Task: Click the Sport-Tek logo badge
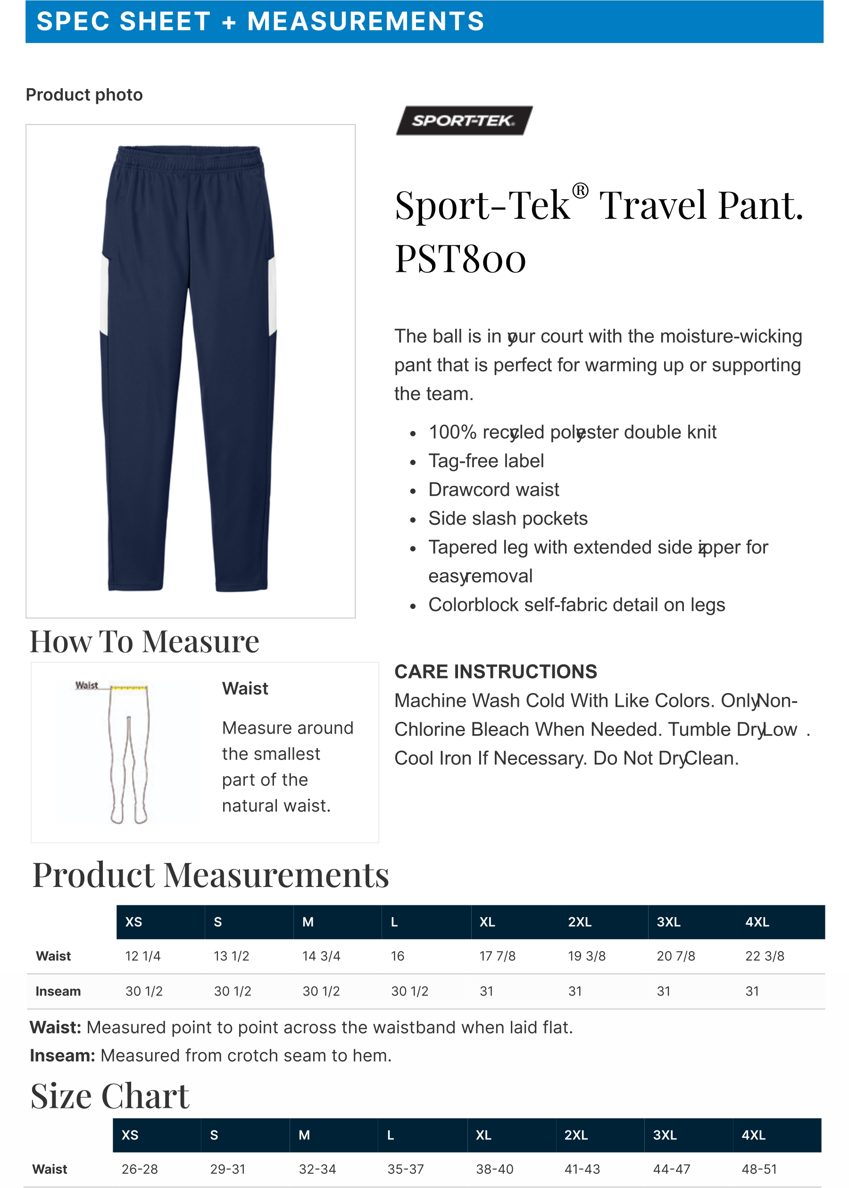[464, 121]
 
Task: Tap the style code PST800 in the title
[460, 259]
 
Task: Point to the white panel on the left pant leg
[105, 295]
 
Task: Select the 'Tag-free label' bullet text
[486, 460]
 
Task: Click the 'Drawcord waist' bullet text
[493, 489]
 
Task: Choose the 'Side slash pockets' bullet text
[508, 518]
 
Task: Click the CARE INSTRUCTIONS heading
[495, 671]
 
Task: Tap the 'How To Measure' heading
[144, 642]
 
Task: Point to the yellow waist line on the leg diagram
[129, 687]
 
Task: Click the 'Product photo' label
[84, 95]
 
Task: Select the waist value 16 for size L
[397, 956]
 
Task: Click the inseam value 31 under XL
[486, 991]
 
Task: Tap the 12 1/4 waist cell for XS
[143, 956]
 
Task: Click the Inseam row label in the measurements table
[58, 991]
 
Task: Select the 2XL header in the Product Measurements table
[579, 922]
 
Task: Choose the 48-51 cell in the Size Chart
[759, 1169]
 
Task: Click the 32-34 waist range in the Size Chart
[317, 1169]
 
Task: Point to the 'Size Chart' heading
[110, 1096]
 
